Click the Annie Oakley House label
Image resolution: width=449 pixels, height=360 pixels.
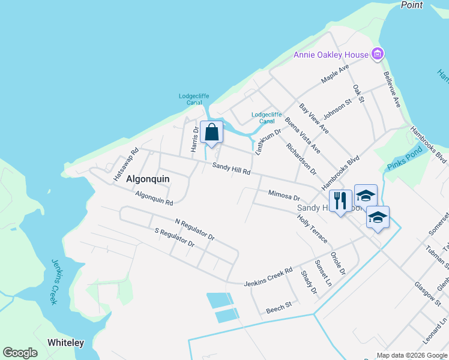click(x=330, y=55)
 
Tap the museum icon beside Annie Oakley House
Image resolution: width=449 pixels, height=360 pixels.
click(x=378, y=55)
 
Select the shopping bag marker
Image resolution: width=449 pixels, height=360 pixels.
click(x=212, y=132)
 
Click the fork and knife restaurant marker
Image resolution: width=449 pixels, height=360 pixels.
click(x=340, y=200)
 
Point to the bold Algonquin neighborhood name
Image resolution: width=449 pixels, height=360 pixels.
click(x=148, y=179)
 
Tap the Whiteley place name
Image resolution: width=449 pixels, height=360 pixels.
click(x=66, y=343)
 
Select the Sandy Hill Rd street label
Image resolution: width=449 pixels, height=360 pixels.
click(x=231, y=169)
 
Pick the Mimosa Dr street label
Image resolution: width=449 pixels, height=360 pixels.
click(x=284, y=196)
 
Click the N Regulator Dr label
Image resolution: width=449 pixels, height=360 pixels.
click(x=194, y=230)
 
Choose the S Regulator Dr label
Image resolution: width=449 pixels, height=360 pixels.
click(x=175, y=238)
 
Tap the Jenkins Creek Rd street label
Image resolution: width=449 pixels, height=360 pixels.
click(x=268, y=277)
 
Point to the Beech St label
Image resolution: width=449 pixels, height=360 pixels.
click(x=279, y=305)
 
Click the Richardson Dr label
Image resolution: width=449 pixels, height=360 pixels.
click(x=301, y=158)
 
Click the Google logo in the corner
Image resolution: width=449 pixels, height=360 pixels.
click(x=20, y=353)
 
